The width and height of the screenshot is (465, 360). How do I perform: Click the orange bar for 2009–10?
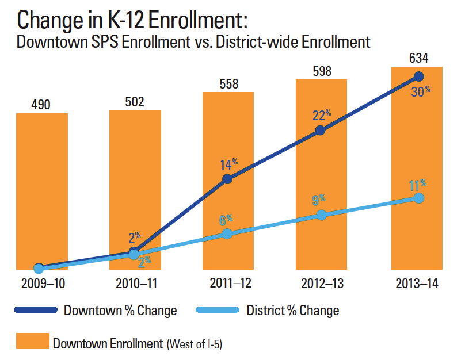pyautogui.click(x=41, y=190)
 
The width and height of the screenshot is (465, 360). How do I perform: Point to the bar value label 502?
pyautogui.click(x=134, y=102)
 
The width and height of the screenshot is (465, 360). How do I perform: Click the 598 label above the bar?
pyautogui.click(x=321, y=71)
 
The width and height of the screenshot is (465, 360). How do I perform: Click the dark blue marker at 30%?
pyautogui.click(x=418, y=76)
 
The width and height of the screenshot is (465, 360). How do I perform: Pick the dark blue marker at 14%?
pyautogui.click(x=227, y=179)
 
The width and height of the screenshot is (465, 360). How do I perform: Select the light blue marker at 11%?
pyautogui.click(x=418, y=198)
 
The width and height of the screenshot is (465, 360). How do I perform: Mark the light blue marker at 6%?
pyautogui.click(x=227, y=233)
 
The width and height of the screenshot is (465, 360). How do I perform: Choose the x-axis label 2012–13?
pyautogui.click(x=321, y=283)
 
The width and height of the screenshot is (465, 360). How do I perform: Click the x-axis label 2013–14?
pyautogui.click(x=417, y=283)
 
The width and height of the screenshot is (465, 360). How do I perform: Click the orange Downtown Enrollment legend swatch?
pyautogui.click(x=32, y=343)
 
